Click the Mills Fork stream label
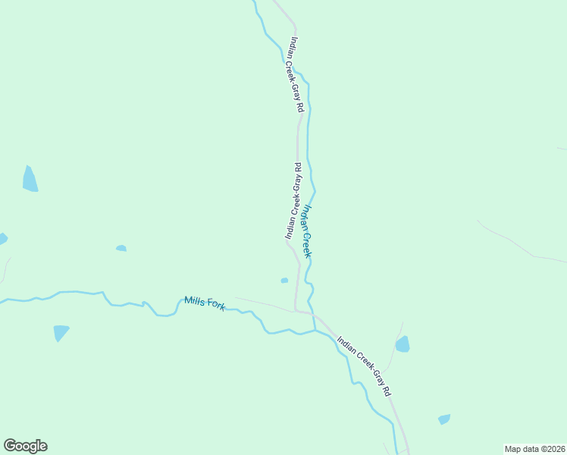[x=205, y=303]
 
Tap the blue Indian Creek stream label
[x=307, y=231]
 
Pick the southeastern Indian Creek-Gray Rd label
[x=364, y=367]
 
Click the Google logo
[x=25, y=446]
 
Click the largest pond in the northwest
[x=30, y=180]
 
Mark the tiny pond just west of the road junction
[x=284, y=281]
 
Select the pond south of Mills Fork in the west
[x=61, y=332]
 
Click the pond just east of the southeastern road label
[x=403, y=344]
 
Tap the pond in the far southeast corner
[x=444, y=419]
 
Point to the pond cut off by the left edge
[x=2, y=239]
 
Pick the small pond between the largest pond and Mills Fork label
[x=121, y=248]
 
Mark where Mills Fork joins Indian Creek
[x=315, y=331]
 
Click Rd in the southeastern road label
[x=387, y=391]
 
